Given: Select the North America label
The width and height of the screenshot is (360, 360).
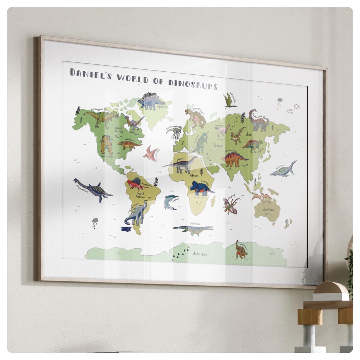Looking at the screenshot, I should pyautogui.click(x=119, y=129).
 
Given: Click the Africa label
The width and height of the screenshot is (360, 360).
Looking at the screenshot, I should pyautogui.click(x=194, y=175).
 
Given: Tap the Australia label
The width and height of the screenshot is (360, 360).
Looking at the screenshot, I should pyautogui.click(x=268, y=210).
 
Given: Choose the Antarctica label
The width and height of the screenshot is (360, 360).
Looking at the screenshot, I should pyautogui.click(x=200, y=254).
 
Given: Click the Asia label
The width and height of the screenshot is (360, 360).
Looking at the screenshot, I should pyautogui.click(x=249, y=134).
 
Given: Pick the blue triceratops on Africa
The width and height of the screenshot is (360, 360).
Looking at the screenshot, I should pyautogui.click(x=201, y=188).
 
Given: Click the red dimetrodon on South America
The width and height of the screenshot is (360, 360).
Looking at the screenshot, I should pyautogui.click(x=137, y=184).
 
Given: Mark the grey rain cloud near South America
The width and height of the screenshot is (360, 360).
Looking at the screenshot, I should pyautogui.click(x=95, y=221).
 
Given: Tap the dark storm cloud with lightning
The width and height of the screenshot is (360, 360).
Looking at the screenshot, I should pyautogui.click(x=279, y=100).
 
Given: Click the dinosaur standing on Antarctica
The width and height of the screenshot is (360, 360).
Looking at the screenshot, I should pyautogui.click(x=241, y=250).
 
